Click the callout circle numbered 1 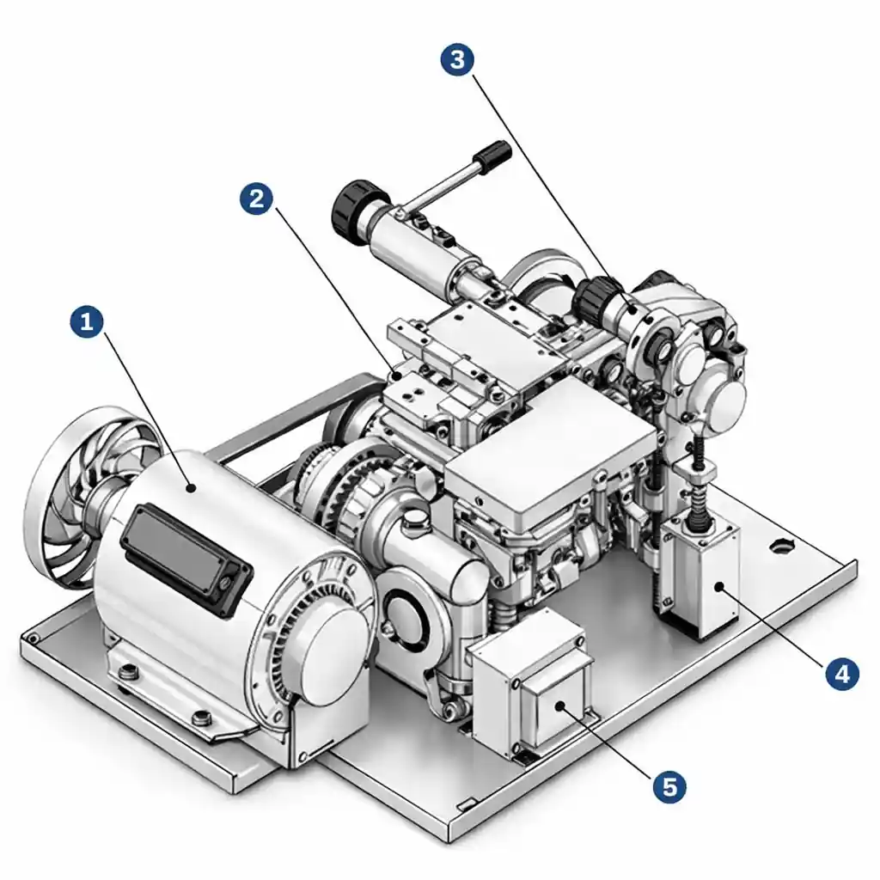[x=86, y=323]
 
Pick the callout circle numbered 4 [x=841, y=673]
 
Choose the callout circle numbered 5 [x=669, y=785]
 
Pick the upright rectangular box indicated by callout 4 [x=700, y=576]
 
